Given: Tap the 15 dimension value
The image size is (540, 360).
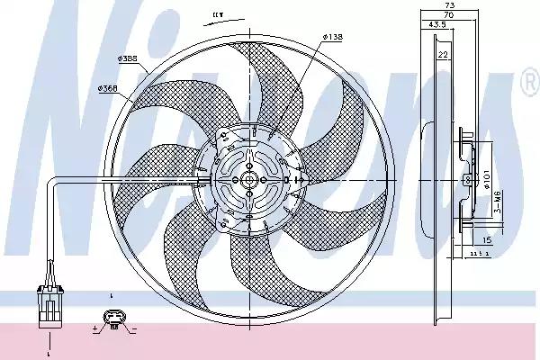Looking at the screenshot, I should (x=487, y=240).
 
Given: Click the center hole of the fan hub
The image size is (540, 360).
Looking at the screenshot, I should (x=247, y=180).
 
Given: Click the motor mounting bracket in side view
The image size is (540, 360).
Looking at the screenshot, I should (x=466, y=180).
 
